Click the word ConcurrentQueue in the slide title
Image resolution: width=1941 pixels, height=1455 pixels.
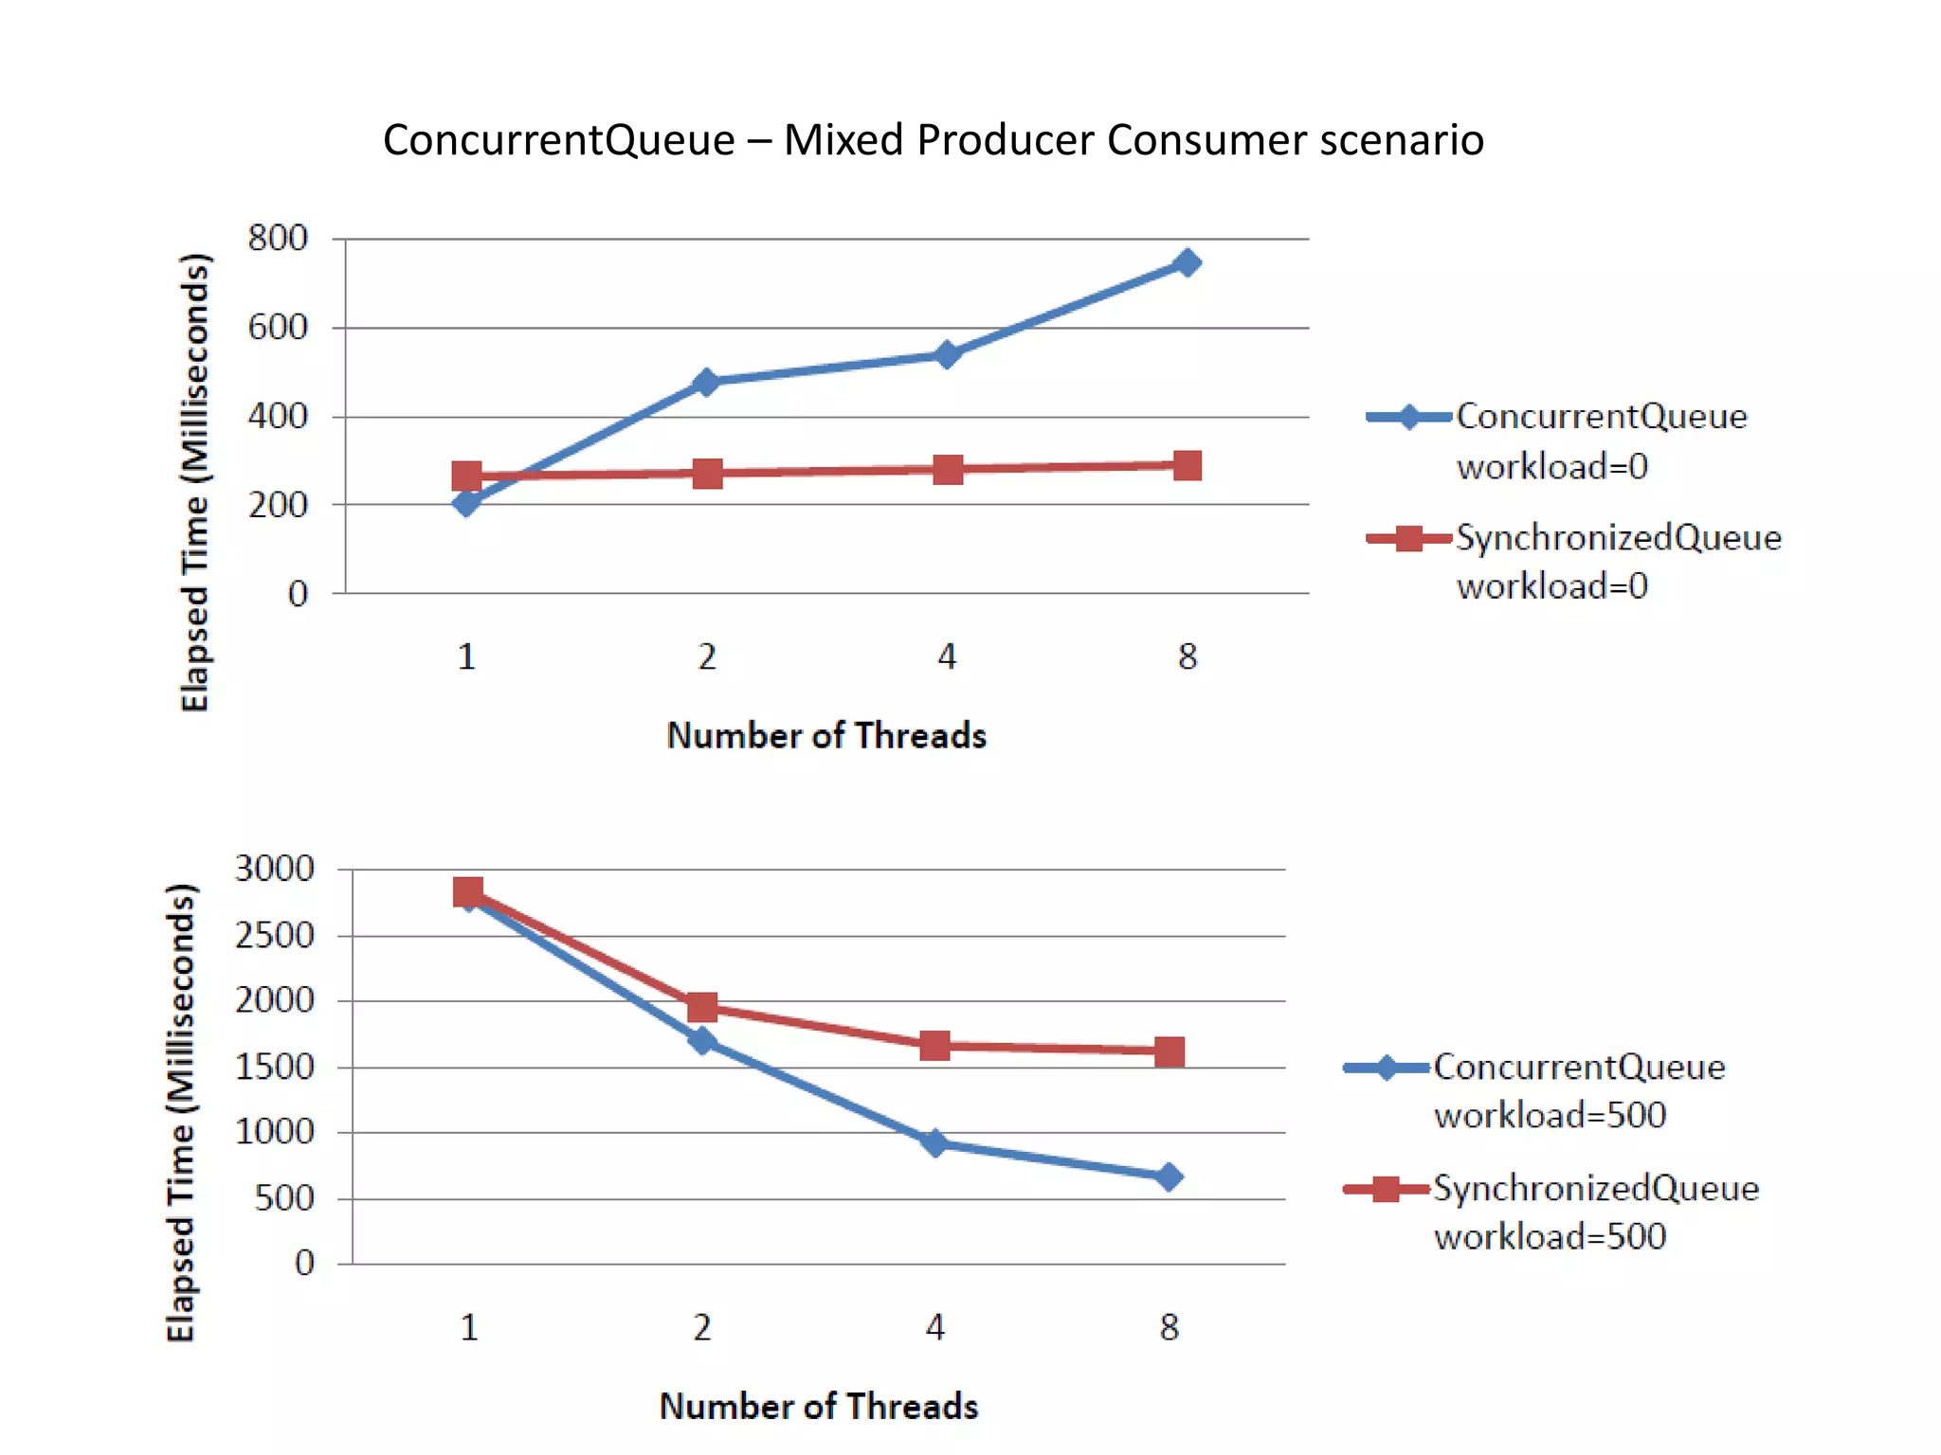(x=559, y=140)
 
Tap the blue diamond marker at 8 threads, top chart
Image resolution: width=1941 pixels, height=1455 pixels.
(x=1187, y=262)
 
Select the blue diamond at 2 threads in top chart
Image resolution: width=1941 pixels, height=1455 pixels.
(x=706, y=382)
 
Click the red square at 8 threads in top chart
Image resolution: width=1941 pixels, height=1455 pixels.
(x=1187, y=465)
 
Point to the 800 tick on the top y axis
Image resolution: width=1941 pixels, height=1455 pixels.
(x=277, y=238)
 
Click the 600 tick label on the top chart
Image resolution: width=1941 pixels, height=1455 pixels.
(x=277, y=328)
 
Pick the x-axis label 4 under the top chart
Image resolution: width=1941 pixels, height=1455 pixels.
(x=947, y=656)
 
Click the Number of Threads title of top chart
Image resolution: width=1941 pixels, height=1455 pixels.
(x=825, y=736)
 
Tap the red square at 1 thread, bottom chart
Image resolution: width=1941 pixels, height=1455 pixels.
(x=468, y=891)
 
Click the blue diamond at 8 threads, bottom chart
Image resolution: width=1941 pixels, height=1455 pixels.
(x=1169, y=1177)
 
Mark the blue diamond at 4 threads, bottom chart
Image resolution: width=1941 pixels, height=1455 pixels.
(x=934, y=1142)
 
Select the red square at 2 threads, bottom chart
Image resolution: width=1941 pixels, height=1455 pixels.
(x=702, y=1006)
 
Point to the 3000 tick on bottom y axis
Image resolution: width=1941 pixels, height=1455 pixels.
(x=274, y=869)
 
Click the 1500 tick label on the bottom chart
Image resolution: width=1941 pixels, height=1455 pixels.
(x=274, y=1068)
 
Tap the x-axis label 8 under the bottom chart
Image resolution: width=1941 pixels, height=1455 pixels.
(x=1169, y=1327)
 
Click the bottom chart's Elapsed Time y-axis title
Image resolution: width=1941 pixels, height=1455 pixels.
(x=181, y=1112)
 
